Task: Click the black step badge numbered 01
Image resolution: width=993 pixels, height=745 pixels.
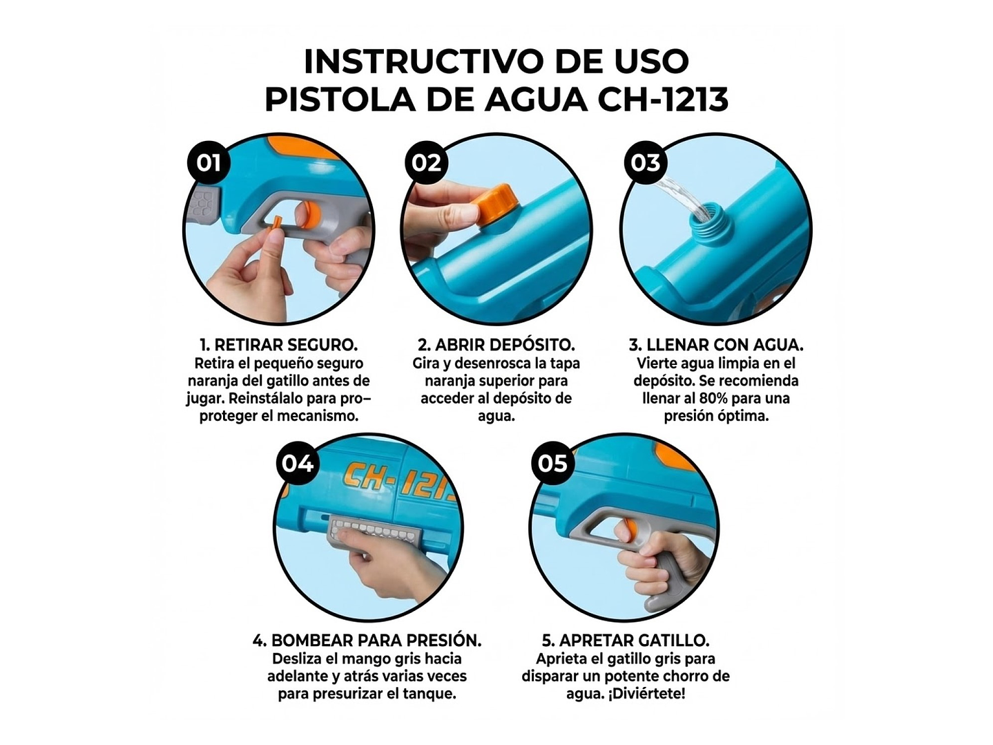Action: coord(209,163)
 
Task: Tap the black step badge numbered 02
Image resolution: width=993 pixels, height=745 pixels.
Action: coord(426,163)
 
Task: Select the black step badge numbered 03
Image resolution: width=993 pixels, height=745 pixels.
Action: coord(645,163)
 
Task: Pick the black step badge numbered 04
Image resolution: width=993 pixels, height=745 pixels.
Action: coord(298,463)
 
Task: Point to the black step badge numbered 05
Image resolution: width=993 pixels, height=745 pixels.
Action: coord(552,463)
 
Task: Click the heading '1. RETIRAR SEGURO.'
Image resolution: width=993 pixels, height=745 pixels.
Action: coord(278,345)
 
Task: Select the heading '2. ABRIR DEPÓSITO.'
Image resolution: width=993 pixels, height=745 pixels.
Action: coord(496,345)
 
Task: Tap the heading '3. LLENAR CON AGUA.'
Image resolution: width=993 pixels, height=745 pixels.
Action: coord(716,345)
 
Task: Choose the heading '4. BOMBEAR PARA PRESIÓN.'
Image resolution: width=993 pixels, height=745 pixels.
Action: coord(367,641)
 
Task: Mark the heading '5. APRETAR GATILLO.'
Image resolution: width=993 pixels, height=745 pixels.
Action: coord(626,641)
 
